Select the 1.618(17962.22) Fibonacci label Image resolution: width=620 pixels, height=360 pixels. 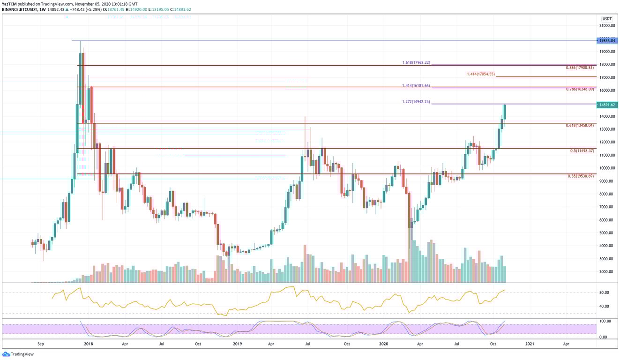tap(416, 62)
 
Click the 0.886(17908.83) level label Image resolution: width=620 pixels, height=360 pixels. tap(580, 68)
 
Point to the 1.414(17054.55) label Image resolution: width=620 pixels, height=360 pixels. tap(481, 74)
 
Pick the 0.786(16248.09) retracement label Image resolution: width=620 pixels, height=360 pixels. tap(580, 89)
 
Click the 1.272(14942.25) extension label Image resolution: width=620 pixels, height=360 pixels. tap(416, 102)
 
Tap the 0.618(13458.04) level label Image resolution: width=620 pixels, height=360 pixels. tap(580, 126)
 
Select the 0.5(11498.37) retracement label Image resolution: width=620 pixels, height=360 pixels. tap(582, 151)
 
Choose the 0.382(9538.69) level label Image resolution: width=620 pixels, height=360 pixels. tap(581, 176)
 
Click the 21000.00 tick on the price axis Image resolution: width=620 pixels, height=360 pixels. tap(607, 26)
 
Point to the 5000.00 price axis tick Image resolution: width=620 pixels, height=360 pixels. tap(607, 233)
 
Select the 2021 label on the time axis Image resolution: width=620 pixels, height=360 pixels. tap(530, 344)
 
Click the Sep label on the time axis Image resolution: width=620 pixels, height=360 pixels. tap(41, 344)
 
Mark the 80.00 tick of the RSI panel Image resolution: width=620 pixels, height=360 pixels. tap(604, 292)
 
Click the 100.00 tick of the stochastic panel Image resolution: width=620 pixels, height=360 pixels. tap(605, 321)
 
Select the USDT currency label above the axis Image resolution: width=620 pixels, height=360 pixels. tap(607, 19)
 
